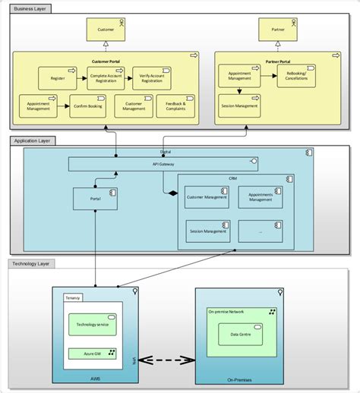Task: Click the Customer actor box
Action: (106, 31)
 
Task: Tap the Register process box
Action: (57, 77)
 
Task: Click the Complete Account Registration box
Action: (106, 77)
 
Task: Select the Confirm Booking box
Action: (91, 107)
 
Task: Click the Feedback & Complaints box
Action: (175, 107)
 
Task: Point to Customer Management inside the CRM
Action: (207, 198)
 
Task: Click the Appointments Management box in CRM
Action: (260, 198)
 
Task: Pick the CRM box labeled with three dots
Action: (260, 231)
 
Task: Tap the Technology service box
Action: (92, 325)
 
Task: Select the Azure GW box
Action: (92, 353)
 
